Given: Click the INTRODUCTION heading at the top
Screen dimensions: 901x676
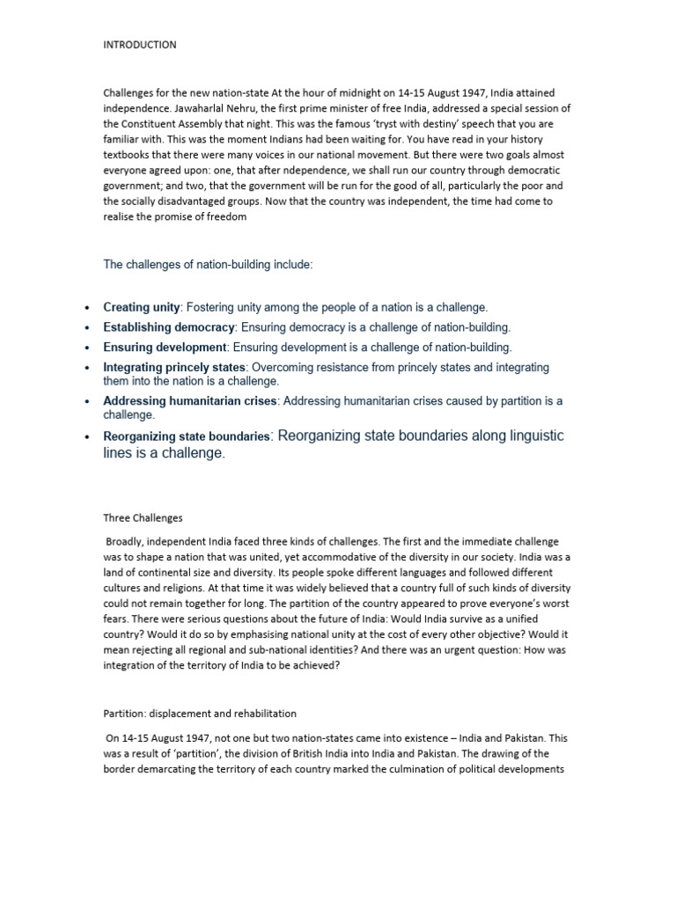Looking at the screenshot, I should point(140,45).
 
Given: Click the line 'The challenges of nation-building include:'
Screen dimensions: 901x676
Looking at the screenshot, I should point(208,264).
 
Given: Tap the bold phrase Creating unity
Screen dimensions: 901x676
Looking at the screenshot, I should point(142,307).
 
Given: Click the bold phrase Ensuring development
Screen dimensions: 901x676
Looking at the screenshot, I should point(165,348).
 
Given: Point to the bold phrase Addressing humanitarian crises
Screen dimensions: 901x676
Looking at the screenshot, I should point(190,401).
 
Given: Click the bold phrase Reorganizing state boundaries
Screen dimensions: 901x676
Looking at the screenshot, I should point(186,436).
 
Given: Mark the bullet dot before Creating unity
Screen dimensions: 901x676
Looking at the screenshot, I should point(86,308).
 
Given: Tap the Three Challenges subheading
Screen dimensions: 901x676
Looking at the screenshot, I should point(143,518).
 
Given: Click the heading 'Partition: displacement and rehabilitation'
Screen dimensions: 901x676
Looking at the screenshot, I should point(200,714).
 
